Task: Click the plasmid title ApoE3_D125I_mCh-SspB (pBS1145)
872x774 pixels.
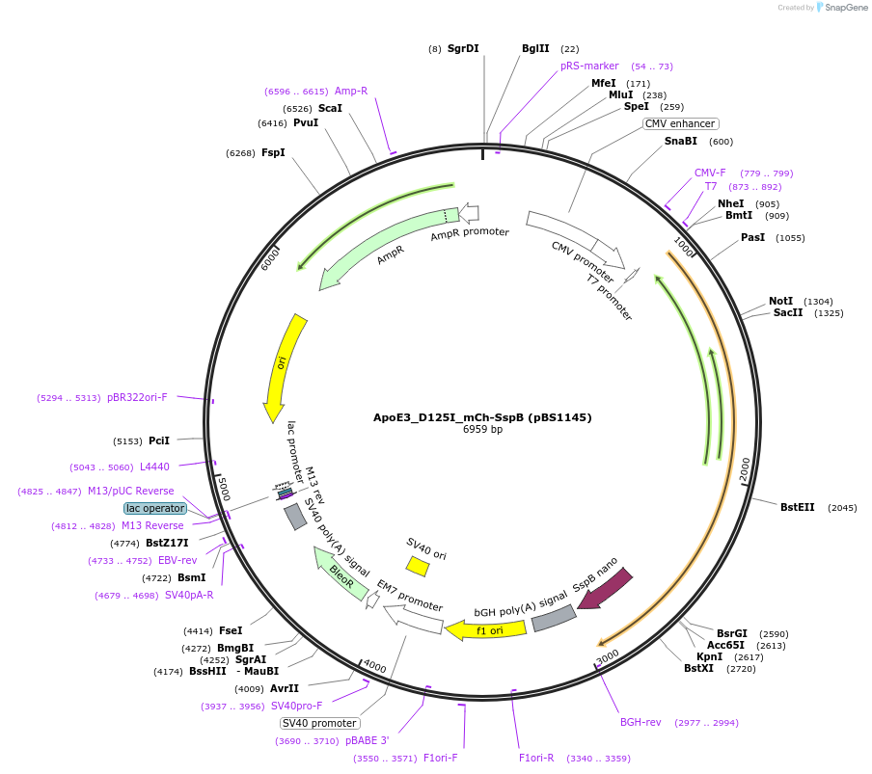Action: coord(482,417)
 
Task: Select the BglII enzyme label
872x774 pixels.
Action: coord(535,48)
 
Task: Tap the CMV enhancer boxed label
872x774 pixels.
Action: coord(680,123)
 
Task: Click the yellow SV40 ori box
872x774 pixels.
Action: coord(418,566)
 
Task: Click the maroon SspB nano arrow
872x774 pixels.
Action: coord(605,587)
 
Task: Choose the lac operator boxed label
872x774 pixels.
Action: coord(154,508)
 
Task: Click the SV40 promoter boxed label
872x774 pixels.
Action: coord(319,723)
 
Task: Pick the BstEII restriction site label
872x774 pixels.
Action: coord(798,507)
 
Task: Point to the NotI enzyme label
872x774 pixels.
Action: coord(781,301)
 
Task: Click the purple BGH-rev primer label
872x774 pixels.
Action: coord(642,722)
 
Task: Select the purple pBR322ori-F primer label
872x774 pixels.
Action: coord(137,397)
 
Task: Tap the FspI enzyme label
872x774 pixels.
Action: coord(273,152)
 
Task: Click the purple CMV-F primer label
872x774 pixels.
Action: coord(710,173)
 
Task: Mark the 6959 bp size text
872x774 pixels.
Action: coord(482,430)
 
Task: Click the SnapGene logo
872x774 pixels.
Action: coord(841,8)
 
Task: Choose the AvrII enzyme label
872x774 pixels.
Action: coord(284,688)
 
